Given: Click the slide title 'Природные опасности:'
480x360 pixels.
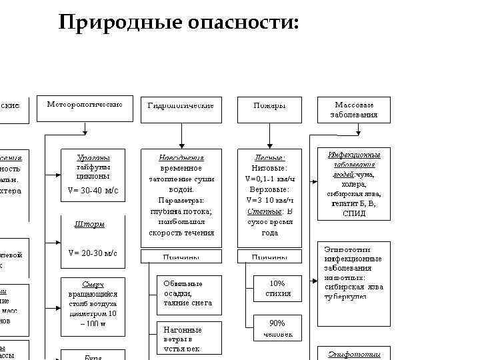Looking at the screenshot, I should pyautogui.click(x=178, y=23).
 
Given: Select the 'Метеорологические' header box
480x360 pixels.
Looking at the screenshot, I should pyautogui.click(x=85, y=110).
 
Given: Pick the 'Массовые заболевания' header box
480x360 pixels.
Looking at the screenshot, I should pyautogui.click(x=353, y=110).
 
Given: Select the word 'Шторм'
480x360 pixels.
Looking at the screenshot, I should pyautogui.click(x=92, y=224).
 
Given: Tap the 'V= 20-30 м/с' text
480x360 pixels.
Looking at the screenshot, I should pyautogui.click(x=93, y=253).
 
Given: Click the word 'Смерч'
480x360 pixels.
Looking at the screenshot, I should pyautogui.click(x=93, y=284).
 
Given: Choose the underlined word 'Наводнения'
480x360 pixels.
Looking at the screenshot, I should pyautogui.click(x=181, y=158).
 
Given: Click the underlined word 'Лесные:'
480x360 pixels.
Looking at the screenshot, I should pyautogui.click(x=269, y=158).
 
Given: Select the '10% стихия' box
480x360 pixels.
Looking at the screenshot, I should pyautogui.click(x=277, y=288).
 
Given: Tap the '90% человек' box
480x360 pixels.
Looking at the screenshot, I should pyautogui.click(x=277, y=328).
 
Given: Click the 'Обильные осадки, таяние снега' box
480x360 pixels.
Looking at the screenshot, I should pyautogui.click(x=187, y=293).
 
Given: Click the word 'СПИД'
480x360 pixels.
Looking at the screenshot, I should pyautogui.click(x=353, y=214).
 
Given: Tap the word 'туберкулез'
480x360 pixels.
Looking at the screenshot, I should pyautogui.click(x=346, y=297).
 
